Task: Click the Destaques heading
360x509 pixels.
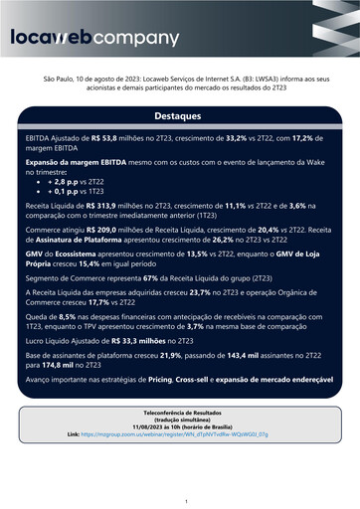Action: [180, 115]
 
